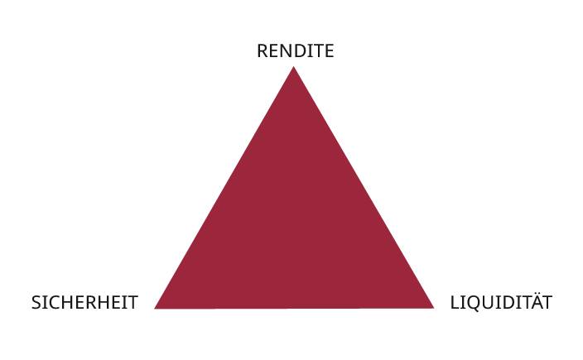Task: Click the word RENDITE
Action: tap(295, 51)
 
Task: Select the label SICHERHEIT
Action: tap(84, 303)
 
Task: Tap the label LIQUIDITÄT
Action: tap(501, 302)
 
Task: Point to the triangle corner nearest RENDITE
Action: tap(293, 70)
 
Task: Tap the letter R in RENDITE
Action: tap(262, 51)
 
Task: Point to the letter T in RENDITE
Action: tap(317, 51)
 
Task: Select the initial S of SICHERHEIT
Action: tap(36, 303)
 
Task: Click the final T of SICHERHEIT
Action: tap(132, 303)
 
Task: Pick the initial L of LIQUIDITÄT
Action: tap(455, 303)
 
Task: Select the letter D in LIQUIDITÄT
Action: tap(506, 303)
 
